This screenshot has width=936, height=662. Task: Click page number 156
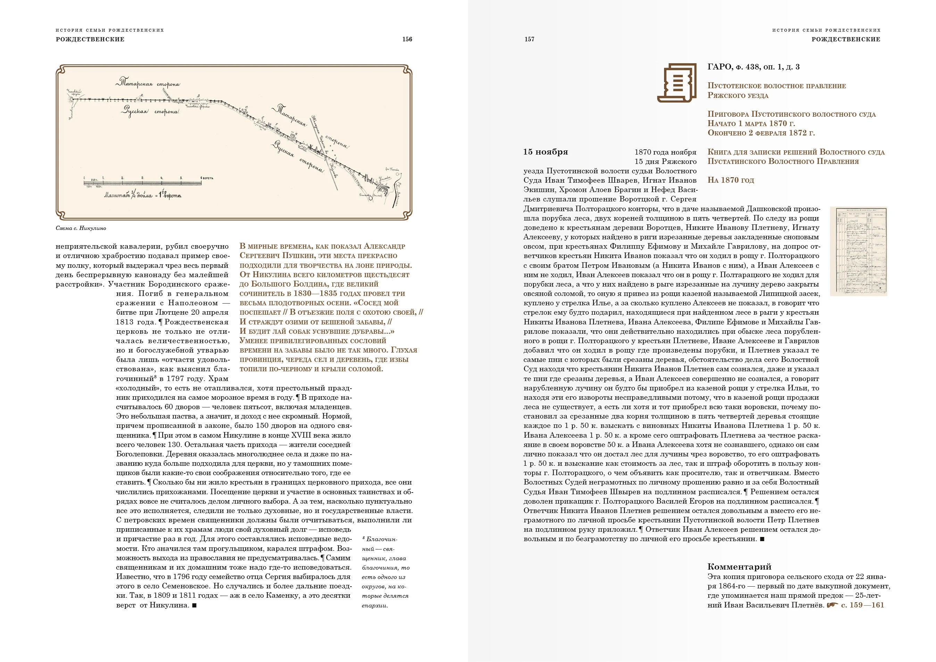[407, 39]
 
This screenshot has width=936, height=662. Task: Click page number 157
[529, 39]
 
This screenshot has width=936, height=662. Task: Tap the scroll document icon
[676, 82]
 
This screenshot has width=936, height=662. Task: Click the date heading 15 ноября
[546, 152]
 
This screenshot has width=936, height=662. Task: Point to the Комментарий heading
[739, 566]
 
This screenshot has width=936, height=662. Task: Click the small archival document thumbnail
[858, 251]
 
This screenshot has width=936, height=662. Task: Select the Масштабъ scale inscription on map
[143, 195]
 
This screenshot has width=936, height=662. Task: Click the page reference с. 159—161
[862, 605]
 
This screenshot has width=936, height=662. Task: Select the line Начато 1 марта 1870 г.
[751, 124]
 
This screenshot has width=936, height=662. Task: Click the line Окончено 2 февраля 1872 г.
[761, 133]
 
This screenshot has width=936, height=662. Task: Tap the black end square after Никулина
[194, 605]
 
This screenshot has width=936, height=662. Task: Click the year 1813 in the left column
[125, 322]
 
